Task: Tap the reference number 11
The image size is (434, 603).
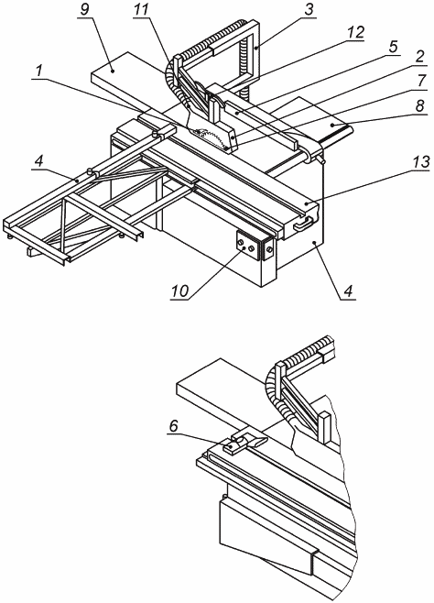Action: click(x=141, y=10)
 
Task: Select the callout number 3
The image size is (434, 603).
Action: click(x=309, y=10)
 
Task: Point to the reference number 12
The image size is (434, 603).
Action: click(x=355, y=33)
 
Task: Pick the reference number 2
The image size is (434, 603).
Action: click(x=418, y=58)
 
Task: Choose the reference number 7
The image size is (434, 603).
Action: click(x=421, y=82)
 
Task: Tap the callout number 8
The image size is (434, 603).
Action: click(x=419, y=105)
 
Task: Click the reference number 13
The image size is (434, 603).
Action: click(x=420, y=163)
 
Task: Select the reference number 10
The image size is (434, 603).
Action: click(x=179, y=291)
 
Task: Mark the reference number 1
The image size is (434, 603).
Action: click(x=38, y=71)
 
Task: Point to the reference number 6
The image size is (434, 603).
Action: click(x=174, y=425)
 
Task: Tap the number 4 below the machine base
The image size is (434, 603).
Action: click(x=347, y=291)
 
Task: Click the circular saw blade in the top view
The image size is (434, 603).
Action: click(x=210, y=138)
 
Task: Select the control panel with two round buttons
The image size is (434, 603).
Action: click(x=245, y=247)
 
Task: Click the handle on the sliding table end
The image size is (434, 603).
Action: click(x=304, y=224)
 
